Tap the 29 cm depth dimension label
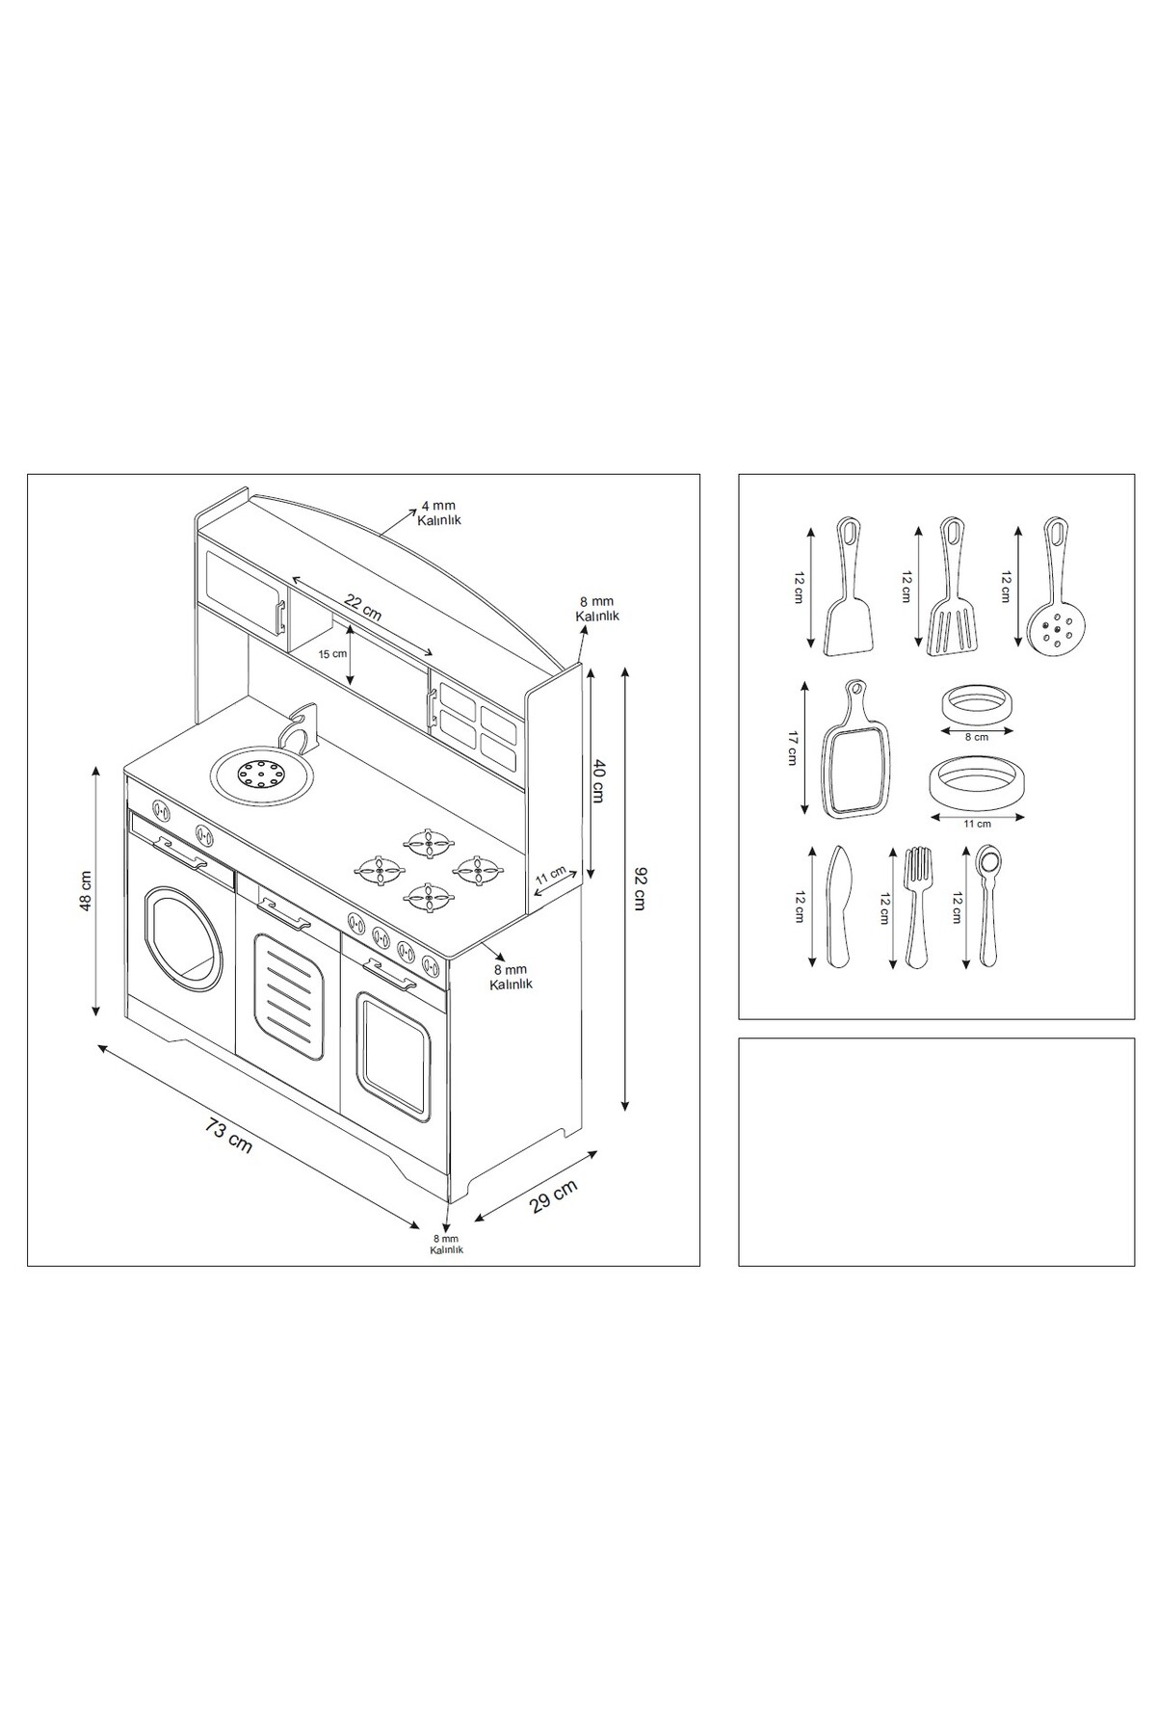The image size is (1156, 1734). (x=554, y=1198)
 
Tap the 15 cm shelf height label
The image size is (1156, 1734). (x=332, y=654)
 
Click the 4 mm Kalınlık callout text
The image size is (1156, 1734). (x=440, y=512)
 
